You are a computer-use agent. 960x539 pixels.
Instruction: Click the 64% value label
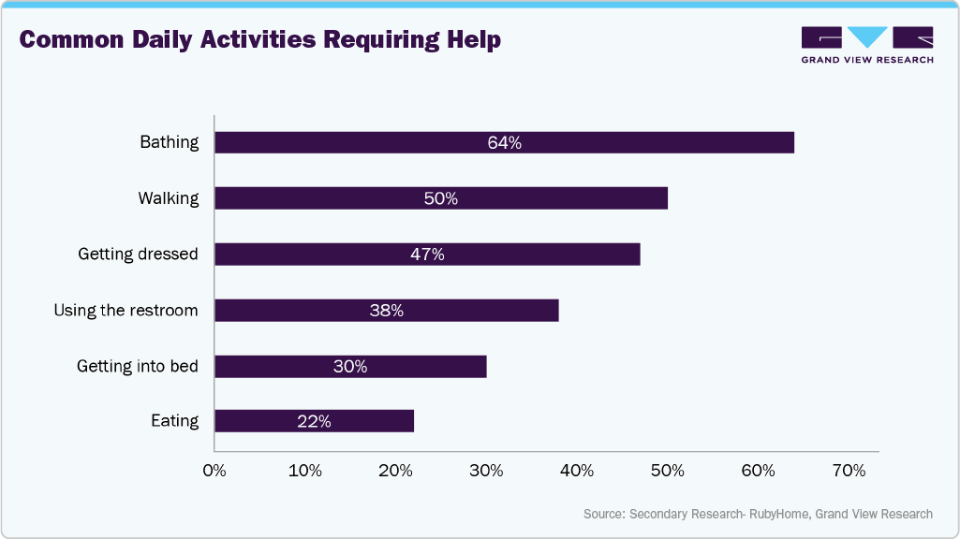(x=504, y=143)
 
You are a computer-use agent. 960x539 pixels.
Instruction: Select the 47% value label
(x=427, y=255)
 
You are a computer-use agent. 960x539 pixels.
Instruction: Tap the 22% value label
(x=314, y=422)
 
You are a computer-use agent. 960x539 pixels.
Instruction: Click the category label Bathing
(x=170, y=142)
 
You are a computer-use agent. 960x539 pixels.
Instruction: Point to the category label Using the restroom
(x=126, y=311)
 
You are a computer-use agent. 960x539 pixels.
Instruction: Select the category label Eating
(x=175, y=421)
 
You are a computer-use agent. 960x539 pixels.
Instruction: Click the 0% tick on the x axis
(x=214, y=471)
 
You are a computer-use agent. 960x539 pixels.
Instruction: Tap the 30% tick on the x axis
(x=486, y=471)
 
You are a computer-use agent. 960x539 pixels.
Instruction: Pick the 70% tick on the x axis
(x=849, y=471)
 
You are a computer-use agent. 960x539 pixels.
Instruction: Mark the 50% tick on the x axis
(x=668, y=471)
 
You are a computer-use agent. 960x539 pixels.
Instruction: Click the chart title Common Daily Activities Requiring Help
(x=259, y=40)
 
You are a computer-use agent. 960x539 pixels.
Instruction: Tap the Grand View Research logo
(x=867, y=44)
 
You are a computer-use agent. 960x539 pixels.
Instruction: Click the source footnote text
(x=758, y=514)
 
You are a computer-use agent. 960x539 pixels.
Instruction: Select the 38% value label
(x=386, y=311)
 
